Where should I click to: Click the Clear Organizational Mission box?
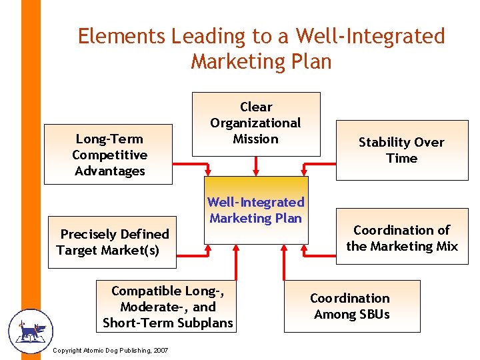(256, 124)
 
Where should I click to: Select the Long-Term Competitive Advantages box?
(108, 155)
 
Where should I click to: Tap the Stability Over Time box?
(401, 150)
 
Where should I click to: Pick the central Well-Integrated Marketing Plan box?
(256, 210)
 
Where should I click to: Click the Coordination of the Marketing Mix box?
(401, 238)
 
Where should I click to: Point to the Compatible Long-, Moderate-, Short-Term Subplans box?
(168, 307)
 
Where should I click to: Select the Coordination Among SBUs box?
(351, 306)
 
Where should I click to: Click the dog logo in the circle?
(30, 331)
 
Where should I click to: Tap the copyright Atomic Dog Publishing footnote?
(109, 351)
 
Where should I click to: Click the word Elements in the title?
(121, 36)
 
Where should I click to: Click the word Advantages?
(109, 171)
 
